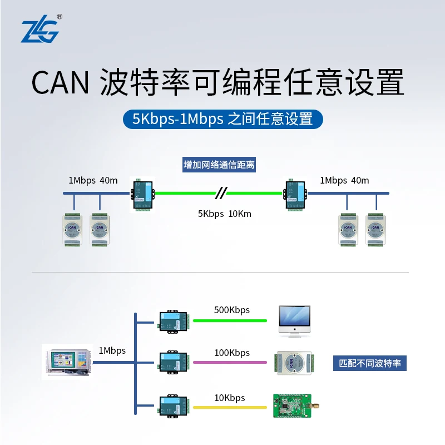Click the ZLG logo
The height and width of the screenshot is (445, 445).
[39, 31]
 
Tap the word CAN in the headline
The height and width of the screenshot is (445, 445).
[60, 83]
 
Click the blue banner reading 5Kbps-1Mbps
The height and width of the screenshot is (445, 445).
[222, 118]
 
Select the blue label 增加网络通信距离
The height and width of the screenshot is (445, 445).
[219, 165]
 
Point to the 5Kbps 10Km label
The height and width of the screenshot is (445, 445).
[225, 213]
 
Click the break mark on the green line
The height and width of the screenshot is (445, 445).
[221, 193]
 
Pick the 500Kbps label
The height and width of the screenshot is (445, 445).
[232, 310]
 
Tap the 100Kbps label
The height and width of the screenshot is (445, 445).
[232, 353]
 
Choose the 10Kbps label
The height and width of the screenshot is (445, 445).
[230, 398]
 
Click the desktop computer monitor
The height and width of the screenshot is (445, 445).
[294, 321]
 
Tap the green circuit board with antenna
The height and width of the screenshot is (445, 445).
[292, 406]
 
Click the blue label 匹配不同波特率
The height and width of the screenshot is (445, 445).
[370, 364]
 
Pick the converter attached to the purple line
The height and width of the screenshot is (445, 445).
[173, 362]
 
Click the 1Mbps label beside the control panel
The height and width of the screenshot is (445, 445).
[112, 351]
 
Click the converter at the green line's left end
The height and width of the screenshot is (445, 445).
[142, 194]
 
